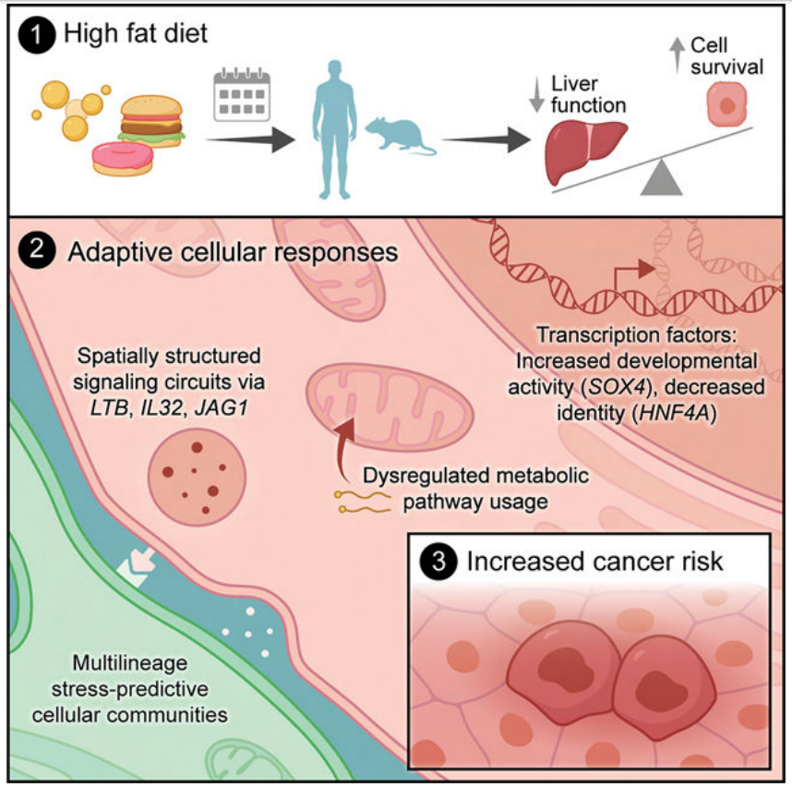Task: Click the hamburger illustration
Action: [x=152, y=120]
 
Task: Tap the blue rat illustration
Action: [x=399, y=139]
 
